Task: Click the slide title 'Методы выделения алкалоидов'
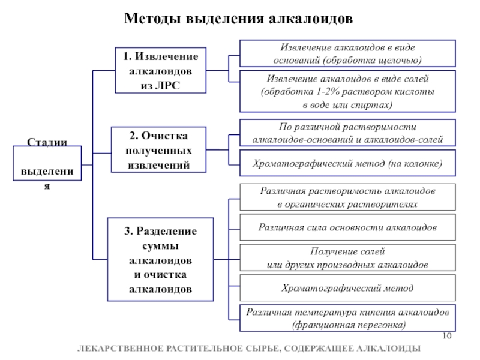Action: (238, 19)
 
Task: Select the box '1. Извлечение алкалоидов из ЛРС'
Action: (160, 70)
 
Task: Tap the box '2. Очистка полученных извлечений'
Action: (158, 149)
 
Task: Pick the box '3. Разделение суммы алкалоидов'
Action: (160, 259)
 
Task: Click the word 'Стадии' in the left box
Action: (47, 142)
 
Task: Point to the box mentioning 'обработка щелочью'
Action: (347, 53)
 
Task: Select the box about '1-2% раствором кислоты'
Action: (347, 91)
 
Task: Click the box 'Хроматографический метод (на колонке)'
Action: (347, 163)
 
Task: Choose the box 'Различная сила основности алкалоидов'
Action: (347, 227)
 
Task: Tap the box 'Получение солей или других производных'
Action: (347, 257)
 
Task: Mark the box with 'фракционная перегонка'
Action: (347, 318)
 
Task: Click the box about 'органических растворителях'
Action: (347, 197)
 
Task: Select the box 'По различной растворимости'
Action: (347, 133)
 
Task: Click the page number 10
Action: (447, 336)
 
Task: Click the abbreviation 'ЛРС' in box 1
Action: (168, 85)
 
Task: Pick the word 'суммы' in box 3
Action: (160, 246)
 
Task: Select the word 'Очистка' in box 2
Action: (164, 136)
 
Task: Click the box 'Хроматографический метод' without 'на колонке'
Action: (347, 288)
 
